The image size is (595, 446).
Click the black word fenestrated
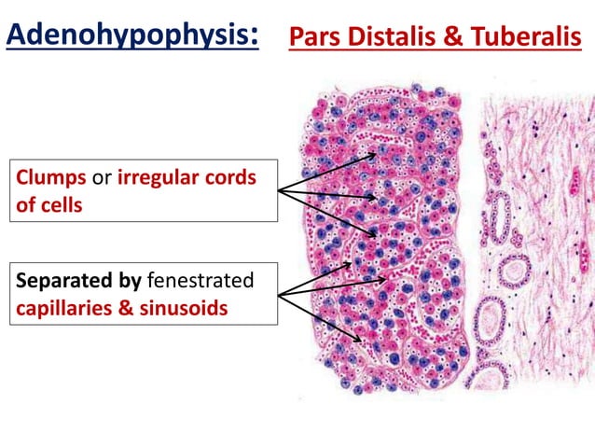pyautogui.click(x=201, y=280)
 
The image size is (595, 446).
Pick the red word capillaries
pyautogui.click(x=63, y=306)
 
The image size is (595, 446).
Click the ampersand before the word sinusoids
pyautogui.click(x=126, y=306)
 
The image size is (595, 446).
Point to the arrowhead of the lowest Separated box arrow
pyautogui.click(x=358, y=339)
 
